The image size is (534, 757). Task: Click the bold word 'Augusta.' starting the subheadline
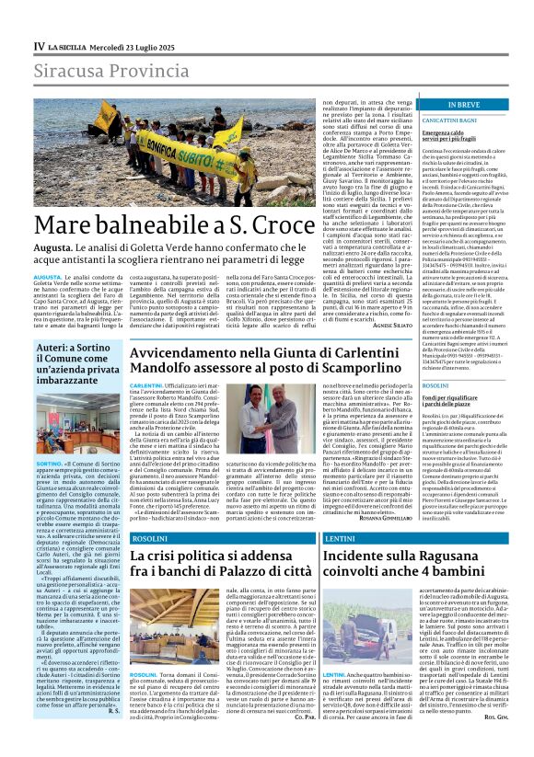[x=53, y=249]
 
